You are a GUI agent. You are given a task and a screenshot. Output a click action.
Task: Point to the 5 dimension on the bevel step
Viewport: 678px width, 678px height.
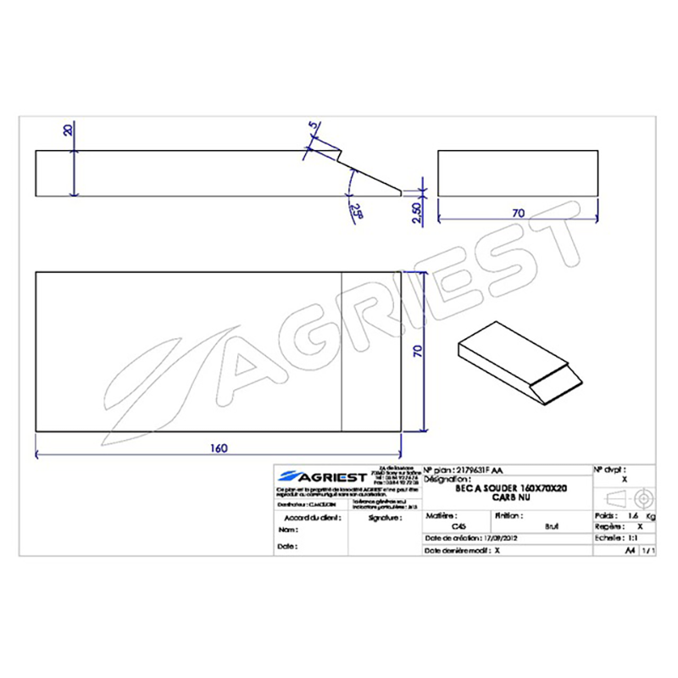(x=314, y=127)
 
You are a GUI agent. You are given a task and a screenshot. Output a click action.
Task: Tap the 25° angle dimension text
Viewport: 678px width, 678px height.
(x=354, y=209)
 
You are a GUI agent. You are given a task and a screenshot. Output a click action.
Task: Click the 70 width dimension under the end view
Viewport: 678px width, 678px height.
(x=518, y=214)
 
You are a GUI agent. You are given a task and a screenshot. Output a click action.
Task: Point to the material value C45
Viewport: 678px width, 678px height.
(x=458, y=525)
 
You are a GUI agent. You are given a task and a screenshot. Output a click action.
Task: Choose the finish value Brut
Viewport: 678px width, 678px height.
(x=553, y=525)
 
